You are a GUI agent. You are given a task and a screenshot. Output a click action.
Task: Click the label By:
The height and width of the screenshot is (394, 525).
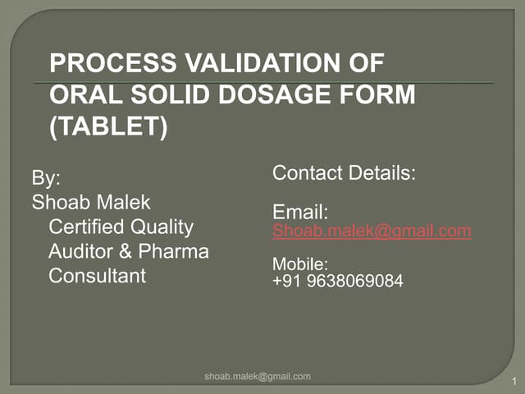(46, 178)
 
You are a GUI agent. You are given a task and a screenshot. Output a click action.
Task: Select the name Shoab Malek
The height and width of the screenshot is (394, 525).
(91, 202)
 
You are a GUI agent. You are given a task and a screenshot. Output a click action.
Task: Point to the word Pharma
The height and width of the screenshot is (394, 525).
(173, 251)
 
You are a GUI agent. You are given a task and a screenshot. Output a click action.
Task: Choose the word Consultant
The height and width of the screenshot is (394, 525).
(98, 276)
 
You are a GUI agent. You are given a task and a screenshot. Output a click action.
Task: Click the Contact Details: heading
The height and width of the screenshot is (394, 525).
(345, 173)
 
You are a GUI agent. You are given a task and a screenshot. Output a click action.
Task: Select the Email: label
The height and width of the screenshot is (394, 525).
(300, 212)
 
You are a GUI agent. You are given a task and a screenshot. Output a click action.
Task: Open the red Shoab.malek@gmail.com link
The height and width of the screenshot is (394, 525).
(372, 231)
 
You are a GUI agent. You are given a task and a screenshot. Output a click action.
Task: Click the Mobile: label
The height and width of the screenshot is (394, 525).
(300, 264)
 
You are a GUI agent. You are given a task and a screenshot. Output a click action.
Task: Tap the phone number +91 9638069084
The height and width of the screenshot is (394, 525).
(338, 281)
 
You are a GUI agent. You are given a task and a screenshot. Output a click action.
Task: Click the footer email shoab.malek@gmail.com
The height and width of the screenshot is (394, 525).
(258, 376)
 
